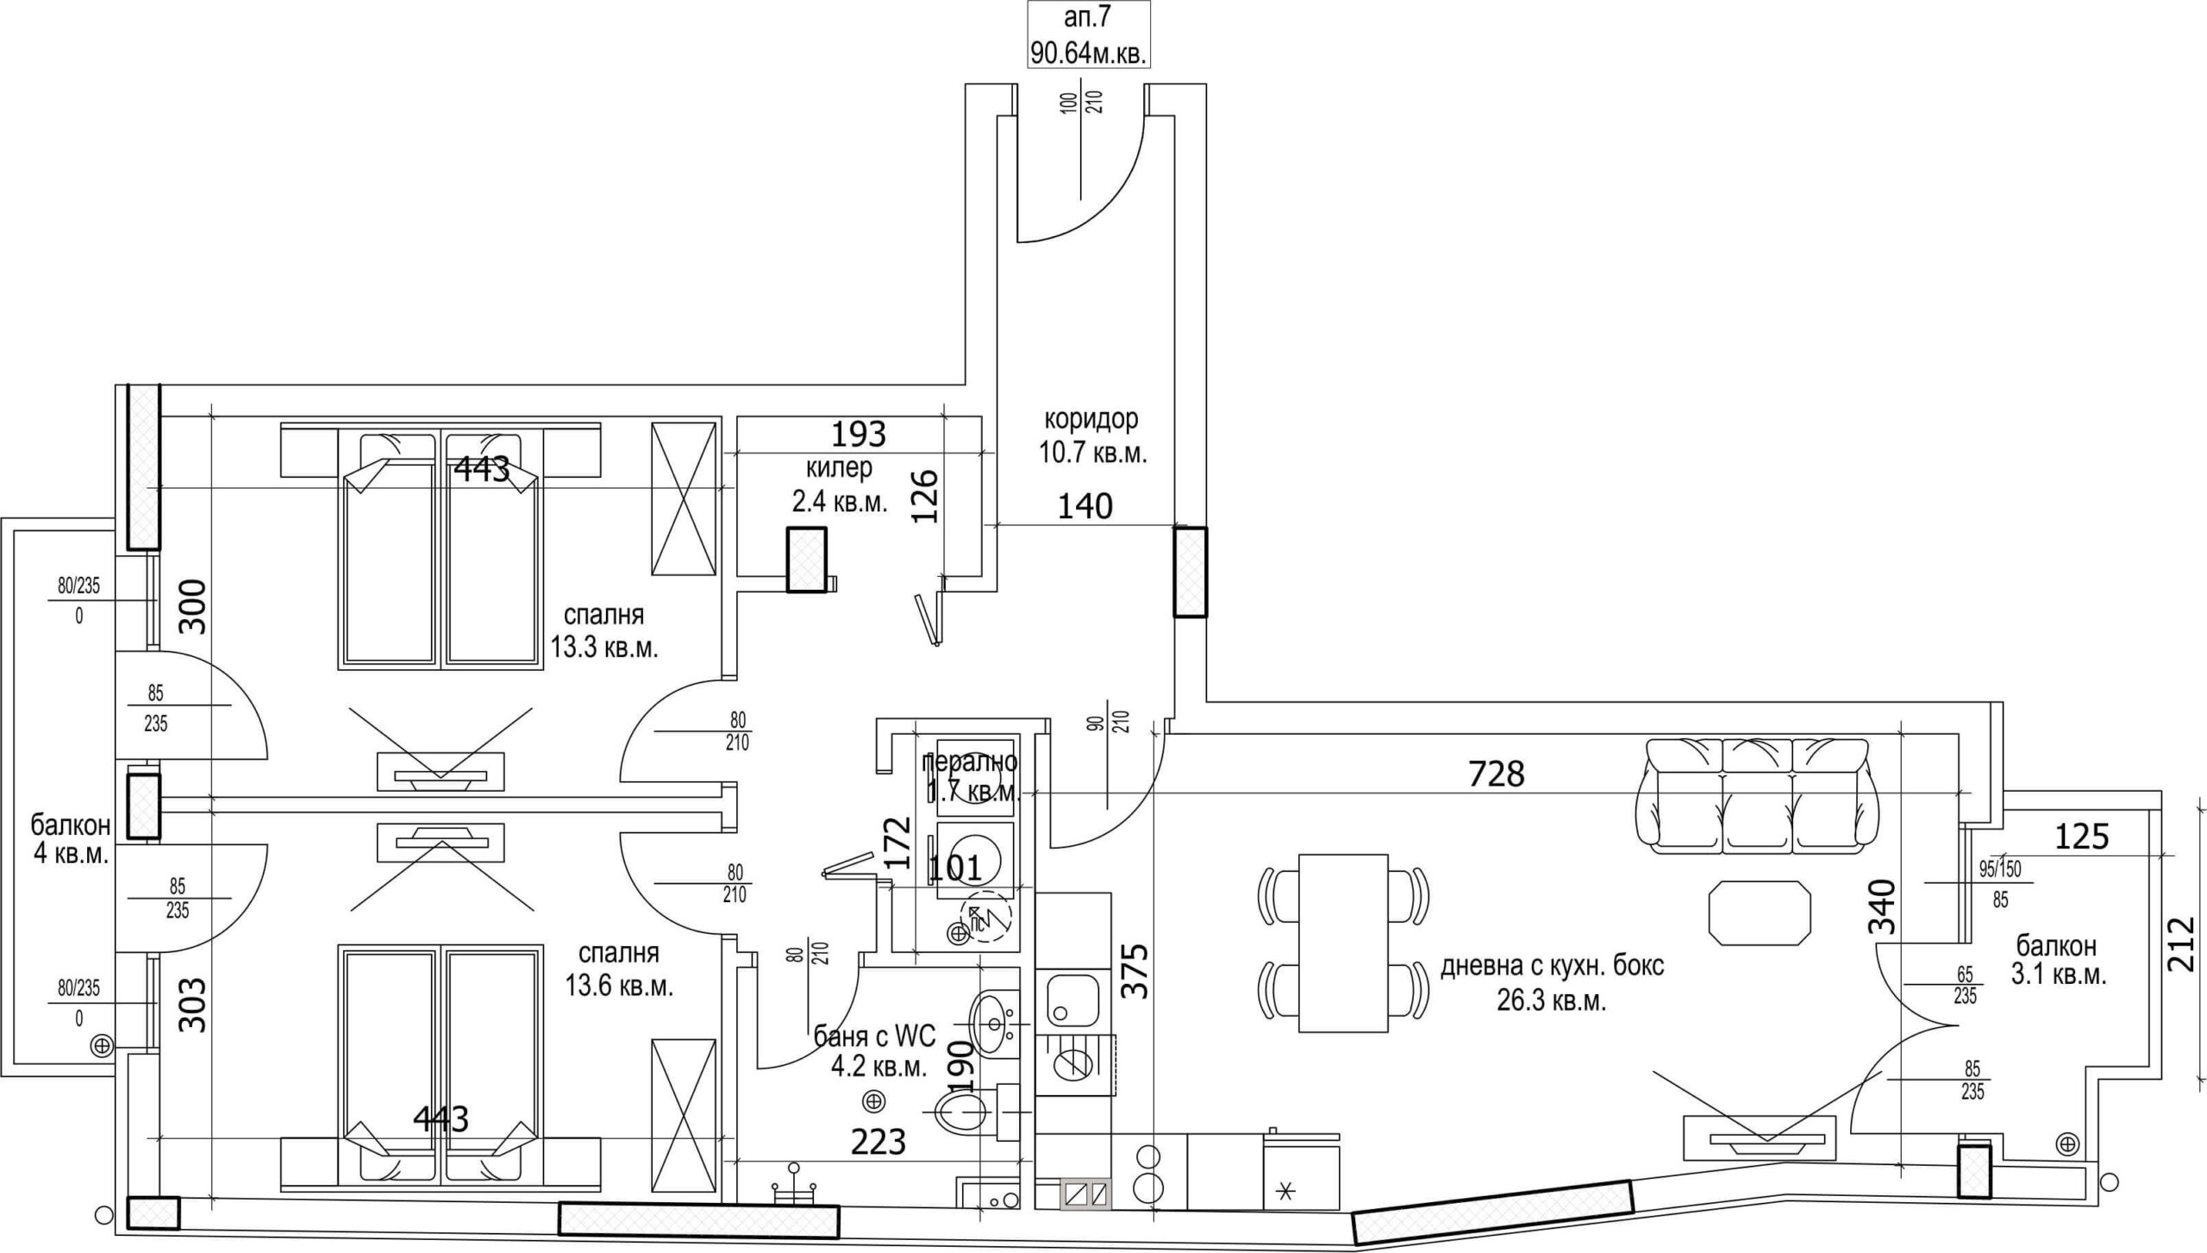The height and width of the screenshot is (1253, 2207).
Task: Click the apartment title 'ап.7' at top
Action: [x=1089, y=20]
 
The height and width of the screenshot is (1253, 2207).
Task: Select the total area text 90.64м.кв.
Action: [x=1089, y=54]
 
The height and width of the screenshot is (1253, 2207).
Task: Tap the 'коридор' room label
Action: [x=1091, y=419]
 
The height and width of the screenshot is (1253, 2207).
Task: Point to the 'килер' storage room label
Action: [x=838, y=468]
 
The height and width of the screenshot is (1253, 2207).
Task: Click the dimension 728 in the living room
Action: [x=1496, y=774]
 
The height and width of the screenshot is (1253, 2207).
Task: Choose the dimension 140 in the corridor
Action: [x=1085, y=506]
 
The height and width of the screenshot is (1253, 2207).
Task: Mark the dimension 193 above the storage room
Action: [x=859, y=434]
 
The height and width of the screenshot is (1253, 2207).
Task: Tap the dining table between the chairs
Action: [x=1342, y=942]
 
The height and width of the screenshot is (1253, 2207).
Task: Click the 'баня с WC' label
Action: [x=874, y=1033]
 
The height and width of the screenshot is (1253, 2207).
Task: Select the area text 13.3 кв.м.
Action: [x=604, y=648]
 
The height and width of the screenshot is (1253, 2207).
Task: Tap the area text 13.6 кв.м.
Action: [x=619, y=986]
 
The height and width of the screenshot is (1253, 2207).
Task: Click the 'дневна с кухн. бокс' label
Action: [x=1552, y=966]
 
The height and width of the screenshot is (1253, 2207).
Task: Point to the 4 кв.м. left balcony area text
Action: [x=71, y=855]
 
